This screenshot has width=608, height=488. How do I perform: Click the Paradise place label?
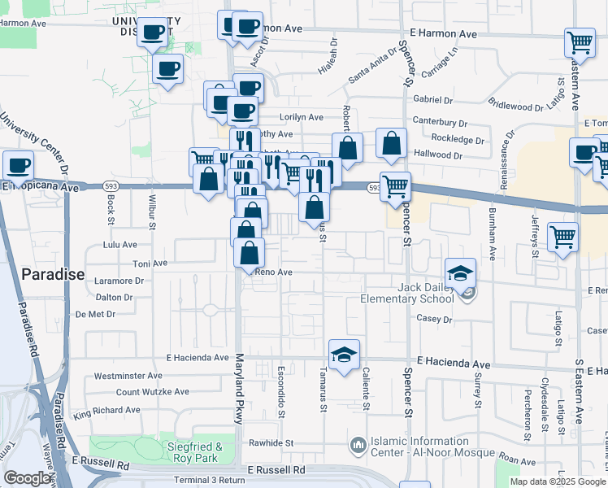pyautogui.click(x=53, y=274)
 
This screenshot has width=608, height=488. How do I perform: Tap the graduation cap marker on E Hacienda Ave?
pyautogui.click(x=344, y=354)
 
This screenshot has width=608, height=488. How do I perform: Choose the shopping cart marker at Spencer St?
pyautogui.click(x=395, y=185)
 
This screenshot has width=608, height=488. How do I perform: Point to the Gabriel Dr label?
pyautogui.click(x=432, y=100)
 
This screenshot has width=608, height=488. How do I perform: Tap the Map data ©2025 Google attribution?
pyautogui.click(x=558, y=481)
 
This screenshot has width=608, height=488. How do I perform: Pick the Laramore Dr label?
pyautogui.click(x=118, y=281)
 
